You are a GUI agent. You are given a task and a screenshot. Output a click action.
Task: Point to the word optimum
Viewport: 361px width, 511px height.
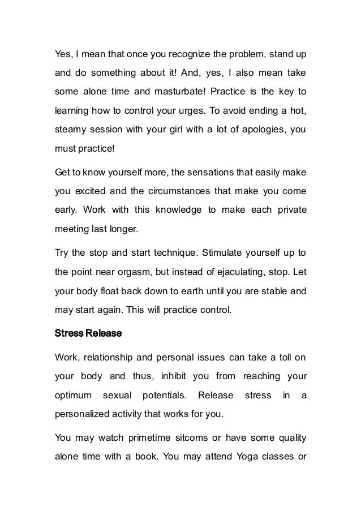[x=73, y=396]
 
